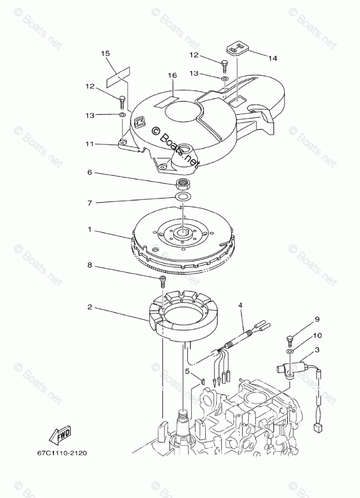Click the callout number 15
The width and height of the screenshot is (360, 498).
pos(105,53)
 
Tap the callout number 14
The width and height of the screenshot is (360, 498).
pos(272,58)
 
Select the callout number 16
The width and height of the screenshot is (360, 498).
pos(172,76)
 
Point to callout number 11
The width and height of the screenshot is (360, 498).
pos(90,144)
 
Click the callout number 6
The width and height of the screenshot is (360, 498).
pos(90,172)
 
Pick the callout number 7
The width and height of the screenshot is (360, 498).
pos(90,203)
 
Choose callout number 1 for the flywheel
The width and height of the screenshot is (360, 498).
pos(90,230)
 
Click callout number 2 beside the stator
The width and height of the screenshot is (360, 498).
pos(90,306)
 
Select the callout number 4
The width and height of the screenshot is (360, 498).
pos(241,305)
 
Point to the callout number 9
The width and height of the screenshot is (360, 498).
pos(317,319)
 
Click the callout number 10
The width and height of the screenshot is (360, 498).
pos(317,335)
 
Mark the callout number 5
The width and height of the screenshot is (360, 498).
pos(187,371)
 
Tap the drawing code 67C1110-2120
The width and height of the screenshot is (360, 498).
pos(62,453)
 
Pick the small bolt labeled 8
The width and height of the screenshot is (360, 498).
pos(162,280)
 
